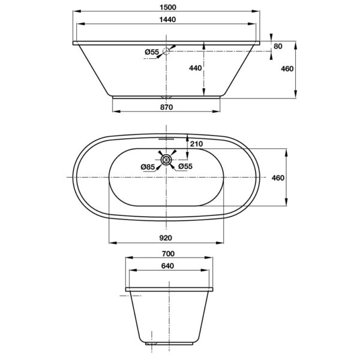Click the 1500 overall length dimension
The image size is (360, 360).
168,7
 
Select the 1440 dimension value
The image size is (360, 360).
168,20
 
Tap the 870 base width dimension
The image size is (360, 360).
167,107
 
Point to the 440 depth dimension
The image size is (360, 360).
196,68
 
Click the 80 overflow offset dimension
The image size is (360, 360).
278,46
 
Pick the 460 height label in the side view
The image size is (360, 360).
287,68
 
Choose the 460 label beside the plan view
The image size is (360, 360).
278,178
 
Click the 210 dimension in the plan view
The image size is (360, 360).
197,144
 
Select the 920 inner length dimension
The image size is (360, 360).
166,238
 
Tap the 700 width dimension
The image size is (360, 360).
168,254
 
